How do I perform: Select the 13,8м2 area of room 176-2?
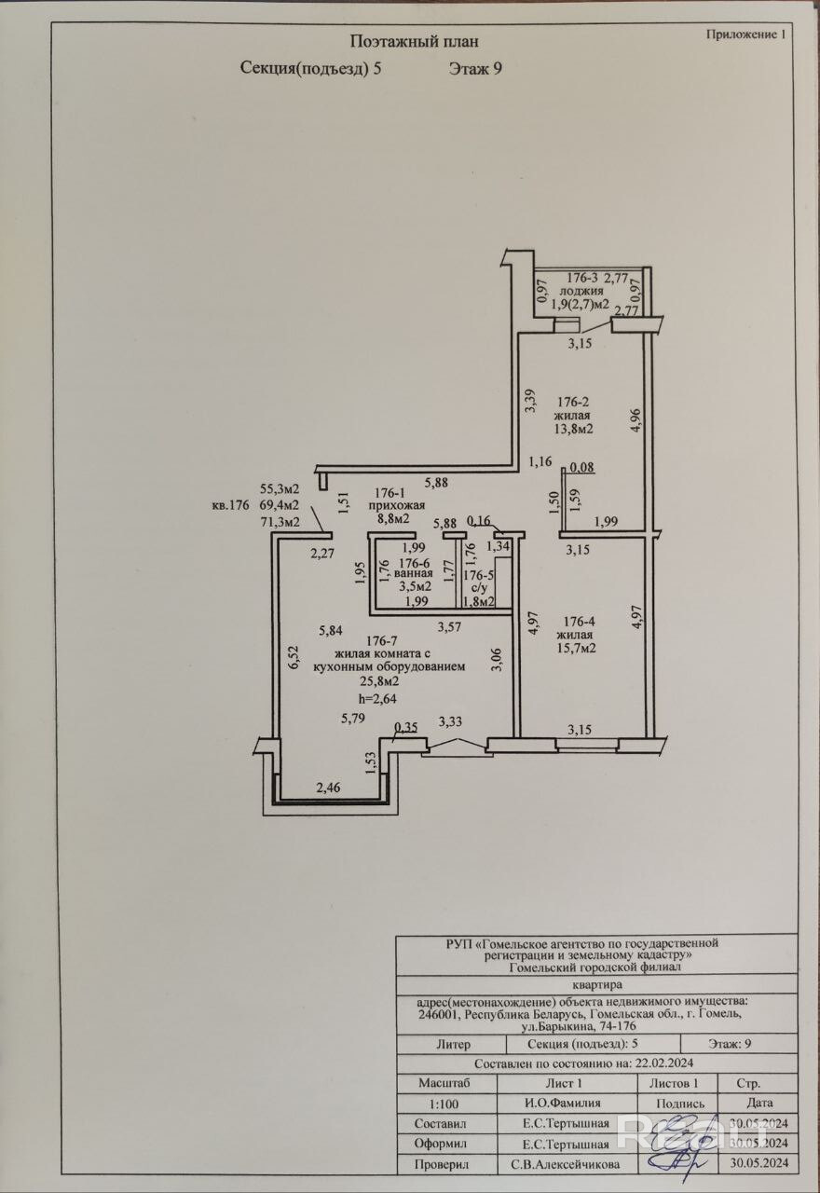(x=574, y=430)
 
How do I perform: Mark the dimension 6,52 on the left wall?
(x=293, y=658)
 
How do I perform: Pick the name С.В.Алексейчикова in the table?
(x=565, y=1164)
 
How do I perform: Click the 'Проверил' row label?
(x=444, y=1164)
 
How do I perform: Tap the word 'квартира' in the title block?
(x=596, y=984)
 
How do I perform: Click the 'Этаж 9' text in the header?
(x=475, y=67)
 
